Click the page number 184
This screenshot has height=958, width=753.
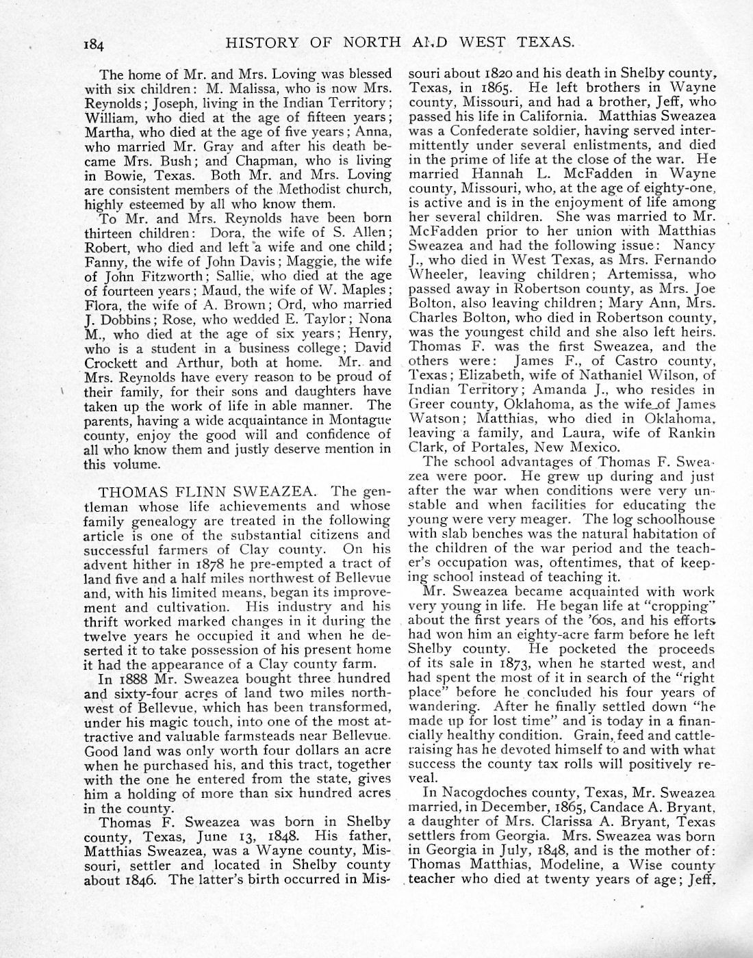[x=94, y=45]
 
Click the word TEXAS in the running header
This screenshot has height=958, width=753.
[x=545, y=42]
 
